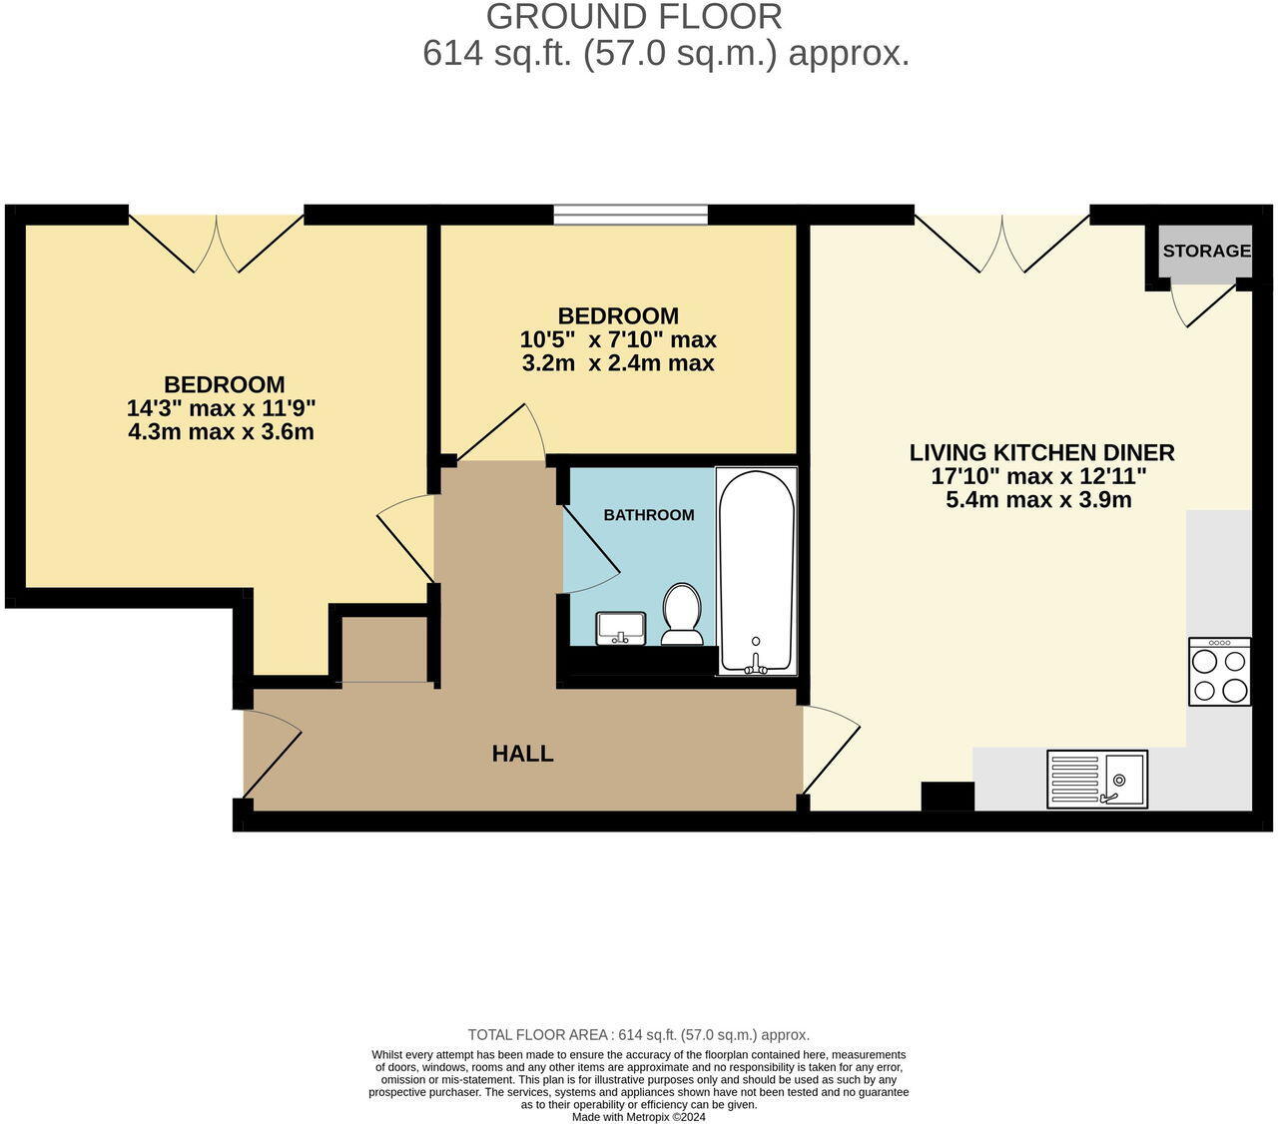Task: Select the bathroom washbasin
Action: click(x=621, y=629)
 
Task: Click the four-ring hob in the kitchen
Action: click(x=1219, y=672)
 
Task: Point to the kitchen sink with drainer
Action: click(x=1097, y=779)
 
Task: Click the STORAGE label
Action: click(x=1206, y=251)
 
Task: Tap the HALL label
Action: click(x=522, y=754)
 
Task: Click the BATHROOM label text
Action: click(x=648, y=515)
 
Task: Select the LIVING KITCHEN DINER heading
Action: click(x=1041, y=452)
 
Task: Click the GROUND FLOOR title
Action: click(x=634, y=17)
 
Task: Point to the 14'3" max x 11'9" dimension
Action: click(x=221, y=408)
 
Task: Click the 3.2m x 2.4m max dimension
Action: click(x=618, y=363)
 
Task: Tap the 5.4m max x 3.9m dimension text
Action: click(x=1038, y=500)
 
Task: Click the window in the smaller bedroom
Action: click(x=631, y=214)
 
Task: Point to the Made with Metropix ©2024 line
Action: click(x=639, y=1117)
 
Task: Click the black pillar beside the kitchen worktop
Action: click(x=947, y=796)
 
